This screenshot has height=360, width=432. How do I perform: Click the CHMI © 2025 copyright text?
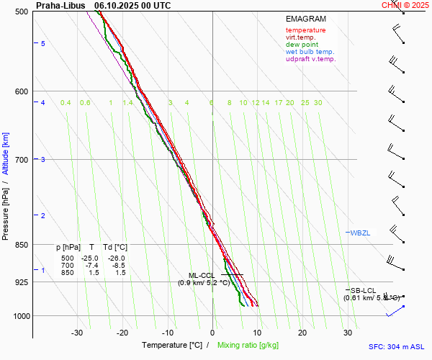406,5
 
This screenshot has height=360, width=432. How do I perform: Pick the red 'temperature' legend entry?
305,30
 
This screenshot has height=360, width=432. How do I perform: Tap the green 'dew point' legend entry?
302,45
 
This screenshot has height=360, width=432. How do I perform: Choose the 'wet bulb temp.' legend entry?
310,52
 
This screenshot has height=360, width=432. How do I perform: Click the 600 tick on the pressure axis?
21,91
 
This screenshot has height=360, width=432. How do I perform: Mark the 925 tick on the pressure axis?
21,282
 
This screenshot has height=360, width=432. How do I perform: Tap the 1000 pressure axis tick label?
19,316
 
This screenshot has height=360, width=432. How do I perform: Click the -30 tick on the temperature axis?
77,333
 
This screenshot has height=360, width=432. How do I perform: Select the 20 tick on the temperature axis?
302,333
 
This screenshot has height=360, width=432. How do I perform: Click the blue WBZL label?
360,233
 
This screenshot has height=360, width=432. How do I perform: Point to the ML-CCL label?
202,275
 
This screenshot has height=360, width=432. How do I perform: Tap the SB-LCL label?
364,290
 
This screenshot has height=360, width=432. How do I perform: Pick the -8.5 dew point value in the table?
115,266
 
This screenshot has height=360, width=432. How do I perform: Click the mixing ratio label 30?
318,103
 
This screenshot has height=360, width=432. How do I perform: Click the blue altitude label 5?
43,44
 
